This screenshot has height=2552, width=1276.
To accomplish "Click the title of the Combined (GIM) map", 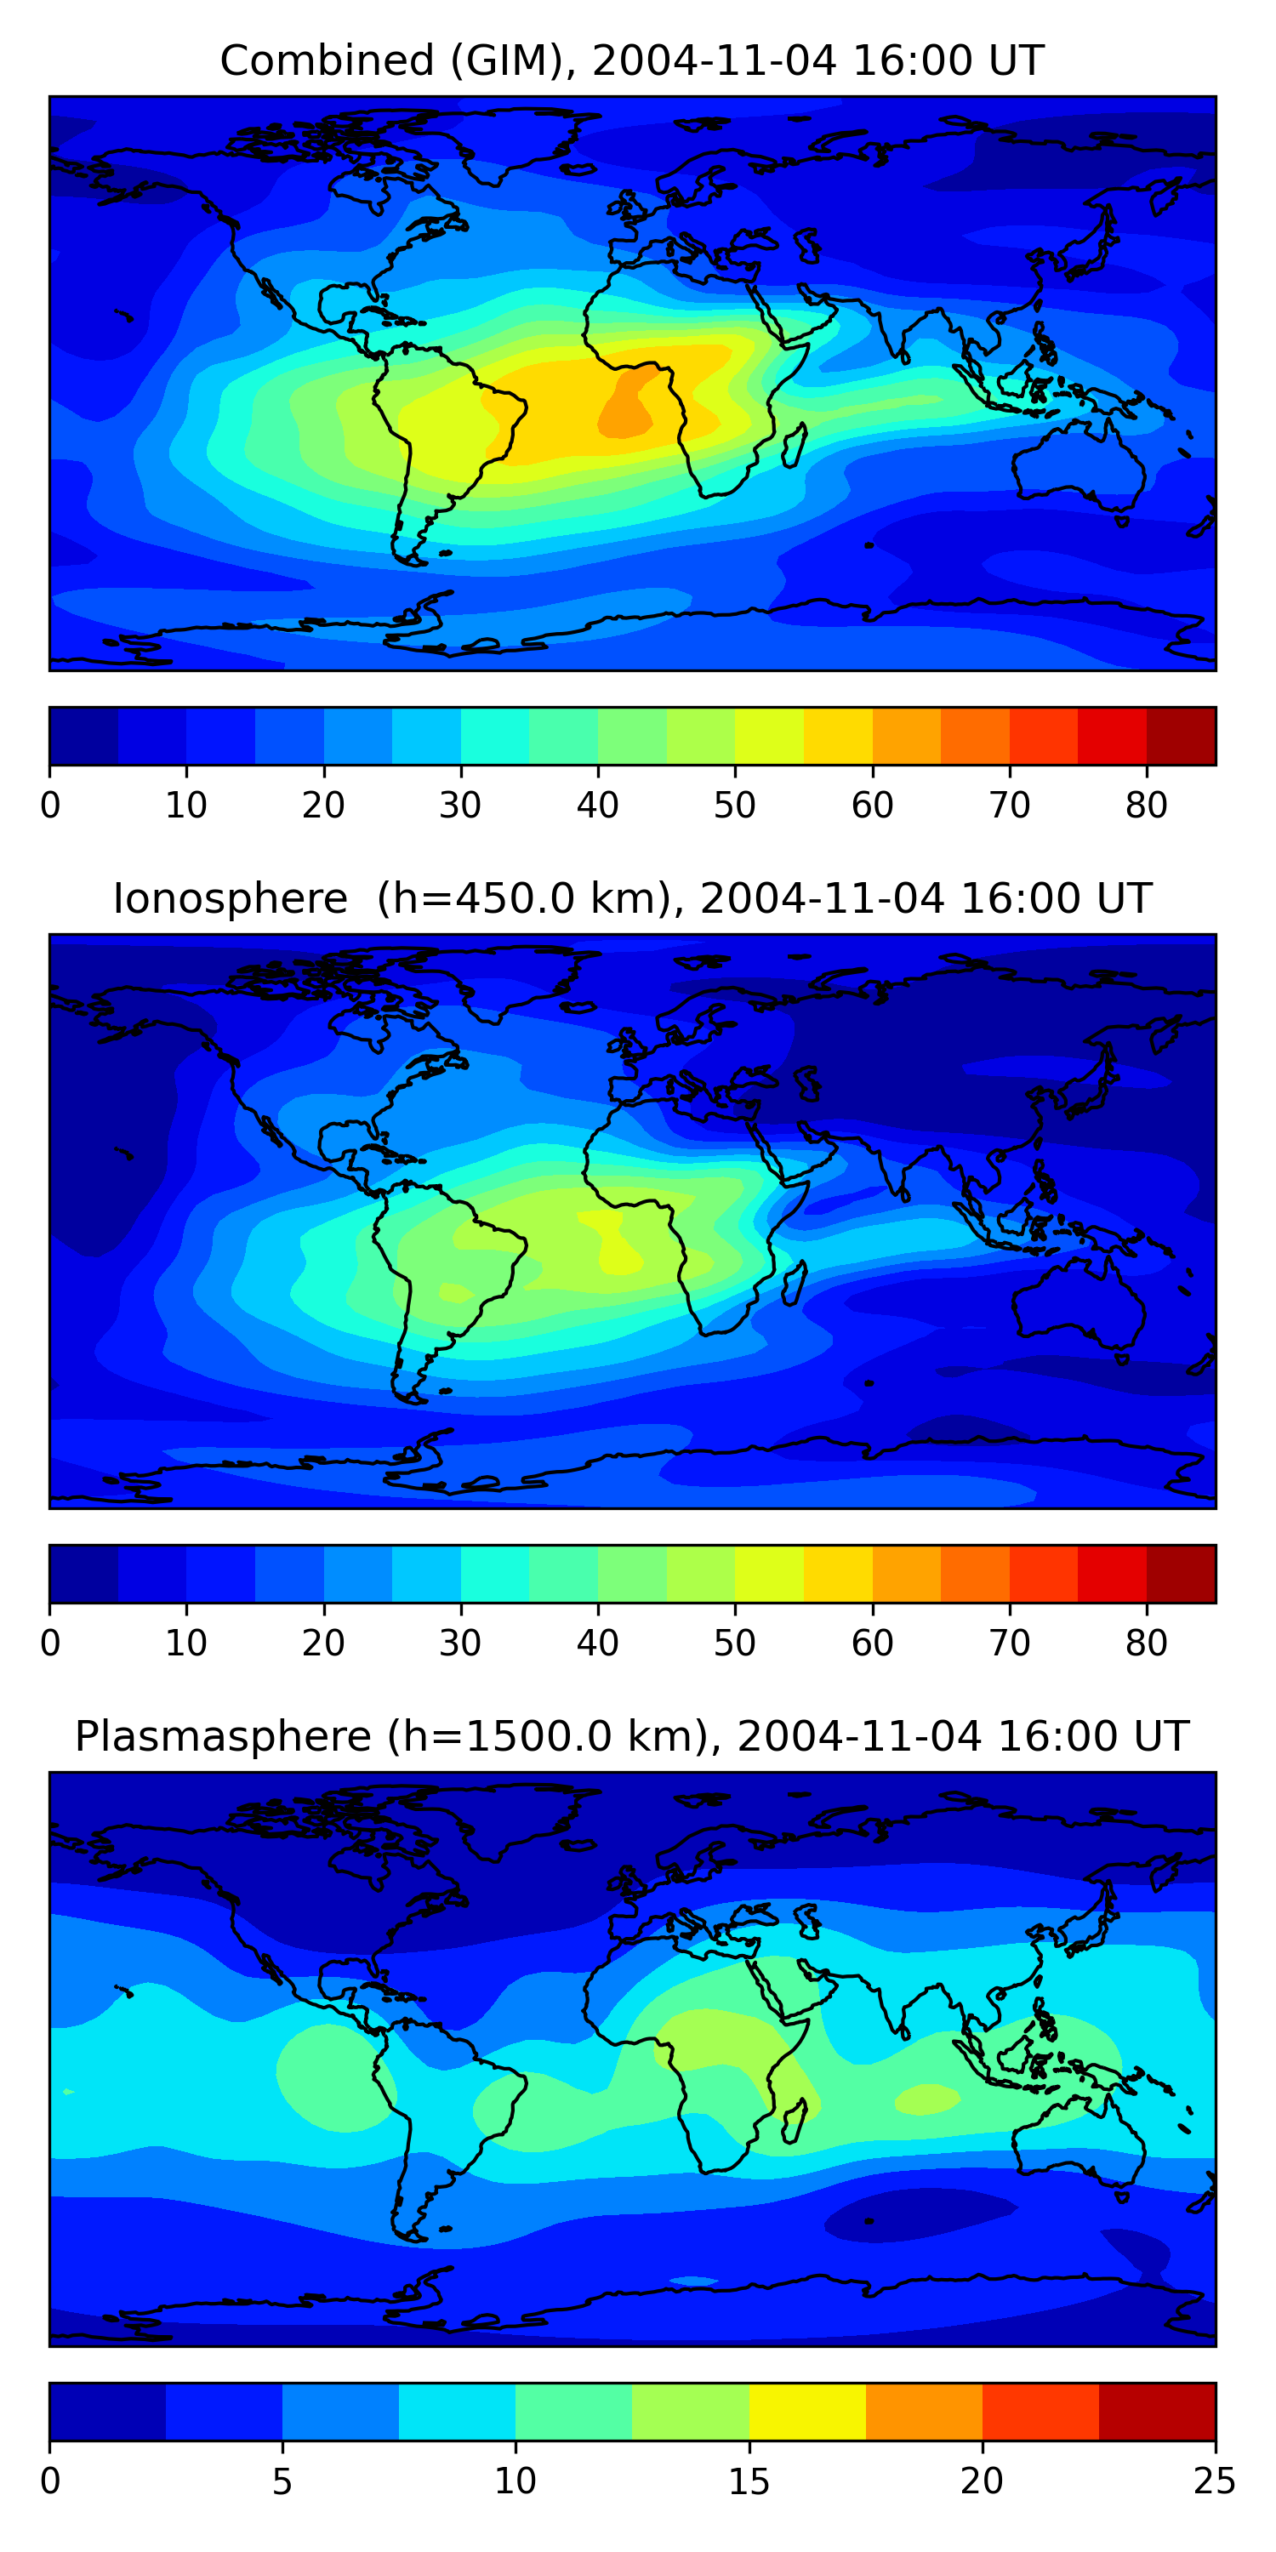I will point(632,61).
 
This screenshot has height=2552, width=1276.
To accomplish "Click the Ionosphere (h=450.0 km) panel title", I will point(632,899).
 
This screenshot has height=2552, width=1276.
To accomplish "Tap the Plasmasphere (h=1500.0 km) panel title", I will point(632,1737).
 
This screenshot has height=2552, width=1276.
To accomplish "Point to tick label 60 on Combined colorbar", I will point(872,806).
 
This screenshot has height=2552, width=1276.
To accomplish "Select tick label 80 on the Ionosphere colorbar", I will point(1146,1643).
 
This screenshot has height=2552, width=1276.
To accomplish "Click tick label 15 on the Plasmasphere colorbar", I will point(749,2481).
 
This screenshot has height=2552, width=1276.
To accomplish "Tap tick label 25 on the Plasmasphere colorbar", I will point(1215,2481).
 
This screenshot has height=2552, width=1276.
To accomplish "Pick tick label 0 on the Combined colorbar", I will point(50,806).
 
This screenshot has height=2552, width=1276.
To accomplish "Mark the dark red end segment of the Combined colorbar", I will point(1181,736).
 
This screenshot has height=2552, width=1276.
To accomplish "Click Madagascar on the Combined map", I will point(795,447).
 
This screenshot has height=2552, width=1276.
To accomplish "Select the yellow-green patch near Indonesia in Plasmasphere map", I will point(927,2099).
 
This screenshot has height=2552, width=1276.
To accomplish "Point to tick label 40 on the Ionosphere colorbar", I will point(597,1643).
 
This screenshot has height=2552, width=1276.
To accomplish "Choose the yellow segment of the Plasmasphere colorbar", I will point(807,2412).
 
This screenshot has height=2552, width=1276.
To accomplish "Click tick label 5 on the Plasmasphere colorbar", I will point(282,2481).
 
